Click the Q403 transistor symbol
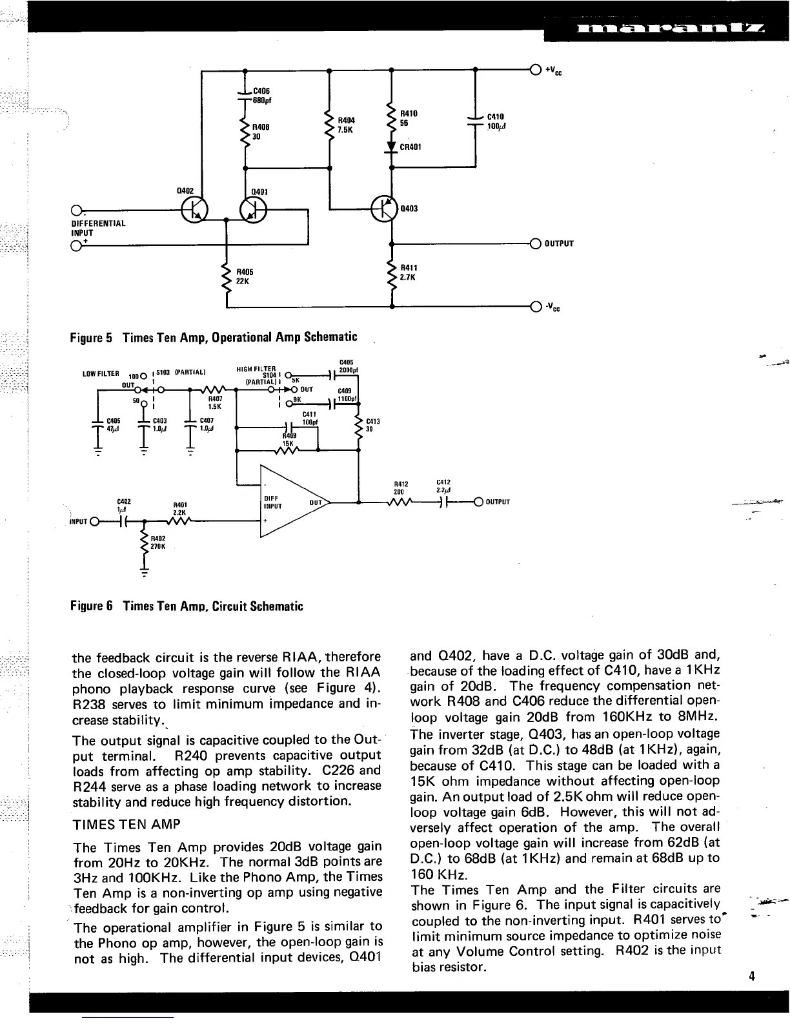tap(384, 208)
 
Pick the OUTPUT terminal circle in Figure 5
tap(534, 243)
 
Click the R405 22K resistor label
tap(245, 276)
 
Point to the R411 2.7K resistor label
tap(409, 272)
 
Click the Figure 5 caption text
tap(214, 337)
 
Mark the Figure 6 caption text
tap(187, 606)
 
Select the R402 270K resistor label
tap(159, 542)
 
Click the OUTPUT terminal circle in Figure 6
tap(478, 502)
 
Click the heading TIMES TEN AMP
tap(127, 825)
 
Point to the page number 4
tap(752, 976)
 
